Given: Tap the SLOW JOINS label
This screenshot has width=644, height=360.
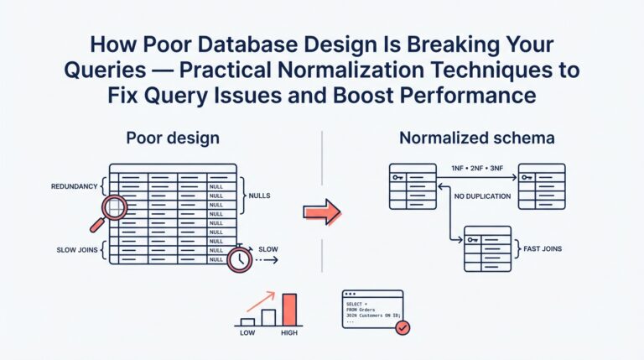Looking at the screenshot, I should [74, 248].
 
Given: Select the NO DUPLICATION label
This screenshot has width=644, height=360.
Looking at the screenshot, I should [480, 197].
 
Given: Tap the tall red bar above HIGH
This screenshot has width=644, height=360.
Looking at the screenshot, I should [290, 309].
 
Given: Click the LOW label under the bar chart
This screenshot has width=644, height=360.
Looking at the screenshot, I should [247, 333].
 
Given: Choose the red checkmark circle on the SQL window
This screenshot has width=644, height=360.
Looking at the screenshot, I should [402, 328].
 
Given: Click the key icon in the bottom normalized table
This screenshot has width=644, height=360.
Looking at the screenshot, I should [474, 240].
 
